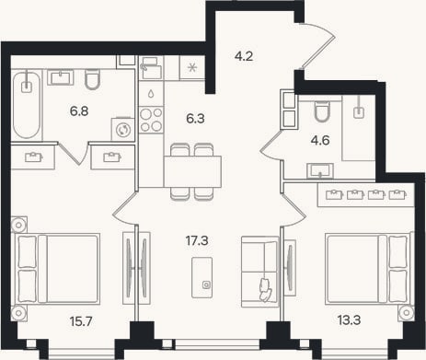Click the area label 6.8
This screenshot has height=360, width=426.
(79, 111)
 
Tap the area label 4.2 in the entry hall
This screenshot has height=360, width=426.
(244, 56)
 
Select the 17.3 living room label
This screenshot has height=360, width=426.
(197, 241)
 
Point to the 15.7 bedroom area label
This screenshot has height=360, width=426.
(81, 321)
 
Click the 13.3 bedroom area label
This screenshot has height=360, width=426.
(349, 320)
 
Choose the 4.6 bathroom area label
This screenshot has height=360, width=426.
(320, 141)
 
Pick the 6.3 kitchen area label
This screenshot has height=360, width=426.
(195, 119)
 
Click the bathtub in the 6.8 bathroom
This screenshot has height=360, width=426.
(27, 105)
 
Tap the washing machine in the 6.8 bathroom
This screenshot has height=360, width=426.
(123, 129)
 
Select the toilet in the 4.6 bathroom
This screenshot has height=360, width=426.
(322, 110)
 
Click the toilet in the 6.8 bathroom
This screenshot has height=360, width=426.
(92, 79)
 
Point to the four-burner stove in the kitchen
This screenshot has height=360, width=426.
(151, 120)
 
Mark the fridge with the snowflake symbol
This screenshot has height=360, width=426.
(192, 67)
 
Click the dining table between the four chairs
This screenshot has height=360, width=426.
(192, 171)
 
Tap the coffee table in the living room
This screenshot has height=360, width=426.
(202, 277)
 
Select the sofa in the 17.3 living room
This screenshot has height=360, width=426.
(260, 272)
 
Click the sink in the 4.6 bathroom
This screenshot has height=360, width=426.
(320, 171)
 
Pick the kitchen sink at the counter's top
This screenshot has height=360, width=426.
(151, 67)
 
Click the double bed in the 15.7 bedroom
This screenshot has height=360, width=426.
(55, 269)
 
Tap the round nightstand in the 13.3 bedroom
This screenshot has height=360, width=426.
(407, 313)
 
